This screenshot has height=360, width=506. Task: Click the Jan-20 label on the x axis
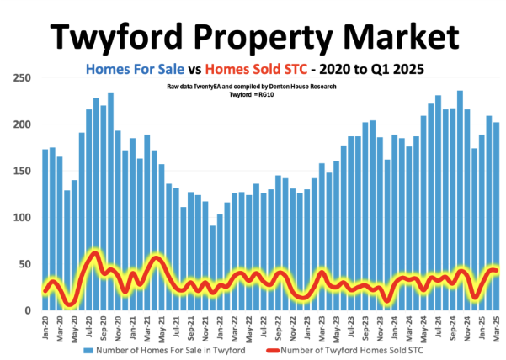[45, 326]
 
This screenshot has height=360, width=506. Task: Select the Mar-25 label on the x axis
[496, 326]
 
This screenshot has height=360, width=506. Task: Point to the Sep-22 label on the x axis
[278, 326]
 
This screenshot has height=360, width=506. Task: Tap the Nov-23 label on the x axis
[380, 326]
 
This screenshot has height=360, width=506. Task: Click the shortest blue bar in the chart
[212, 267]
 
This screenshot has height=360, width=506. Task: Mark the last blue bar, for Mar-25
[496, 216]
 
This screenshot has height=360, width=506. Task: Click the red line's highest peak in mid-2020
[95, 254]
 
